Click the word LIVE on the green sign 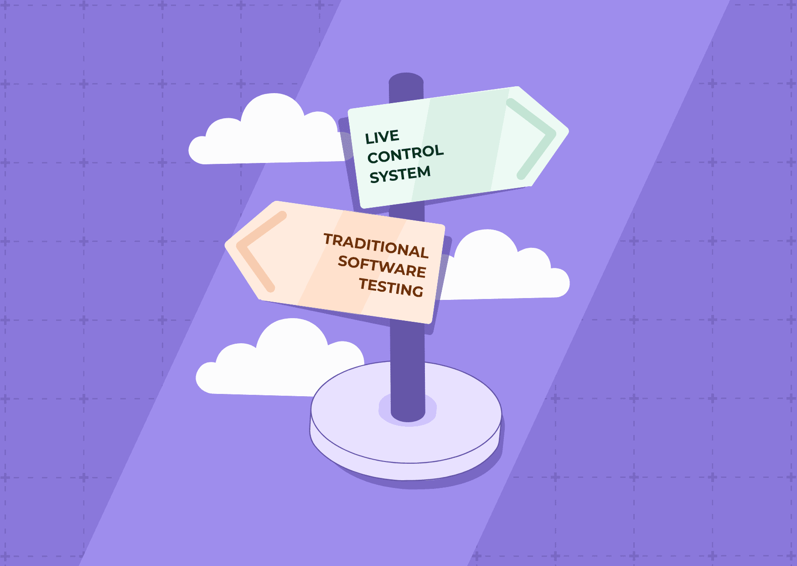tap(382, 137)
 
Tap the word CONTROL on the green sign tap(405, 154)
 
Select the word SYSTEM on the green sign tap(400, 174)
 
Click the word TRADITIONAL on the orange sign tap(376, 246)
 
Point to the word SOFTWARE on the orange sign tap(382, 267)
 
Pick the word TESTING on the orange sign tap(391, 287)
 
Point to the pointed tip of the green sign tap(566, 130)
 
